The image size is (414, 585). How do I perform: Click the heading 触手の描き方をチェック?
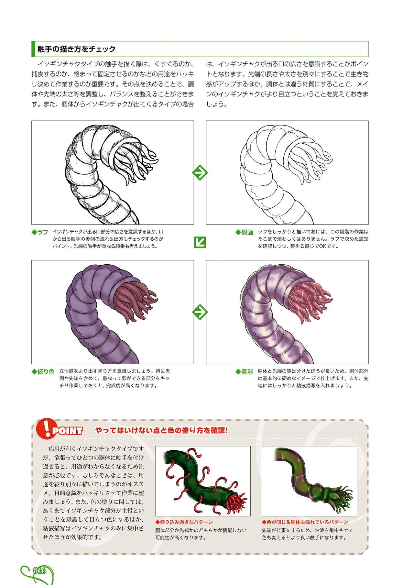pos(76,49)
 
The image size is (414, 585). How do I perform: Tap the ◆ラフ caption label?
pos(40,232)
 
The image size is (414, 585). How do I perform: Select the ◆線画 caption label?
pos(244,232)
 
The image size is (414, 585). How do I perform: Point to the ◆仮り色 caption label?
pos(43,371)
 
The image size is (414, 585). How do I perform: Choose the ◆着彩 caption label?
pos(244,372)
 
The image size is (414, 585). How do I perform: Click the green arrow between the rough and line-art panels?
pos(200,173)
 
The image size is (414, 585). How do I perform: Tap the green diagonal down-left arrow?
pos(200,242)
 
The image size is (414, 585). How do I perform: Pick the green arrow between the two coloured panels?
pos(200,312)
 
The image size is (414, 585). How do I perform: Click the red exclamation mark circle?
pos(45,428)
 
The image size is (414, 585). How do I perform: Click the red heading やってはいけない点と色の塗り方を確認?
pos(162,430)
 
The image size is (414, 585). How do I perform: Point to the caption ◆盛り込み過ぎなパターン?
pos(184,522)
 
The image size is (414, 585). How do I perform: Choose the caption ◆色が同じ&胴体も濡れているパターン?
pos(305,522)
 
